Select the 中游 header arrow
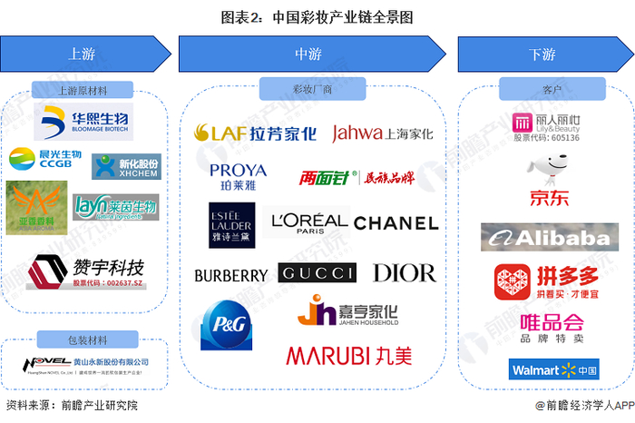pos(309,54)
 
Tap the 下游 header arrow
pos(541,54)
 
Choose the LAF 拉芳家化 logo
pos(256,133)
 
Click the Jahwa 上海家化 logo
pos(382,133)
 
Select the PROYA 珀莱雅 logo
pos(238,174)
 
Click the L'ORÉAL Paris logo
pos(309,221)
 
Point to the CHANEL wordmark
pos(396,222)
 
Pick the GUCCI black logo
pos(317,272)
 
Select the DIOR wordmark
pos(404,272)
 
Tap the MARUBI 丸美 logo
pos(348,355)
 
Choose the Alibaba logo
pos(543,239)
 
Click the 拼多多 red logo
pos(544,283)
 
